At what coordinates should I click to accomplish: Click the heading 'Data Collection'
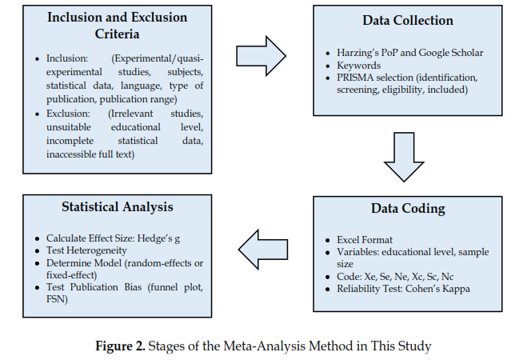tap(408, 21)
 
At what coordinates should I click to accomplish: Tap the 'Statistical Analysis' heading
tap(118, 207)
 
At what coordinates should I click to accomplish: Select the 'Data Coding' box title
tap(408, 209)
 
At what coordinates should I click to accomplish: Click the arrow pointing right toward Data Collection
tap(261, 55)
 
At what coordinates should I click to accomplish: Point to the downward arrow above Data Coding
tap(409, 157)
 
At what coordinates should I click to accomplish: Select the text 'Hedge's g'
tap(170, 238)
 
